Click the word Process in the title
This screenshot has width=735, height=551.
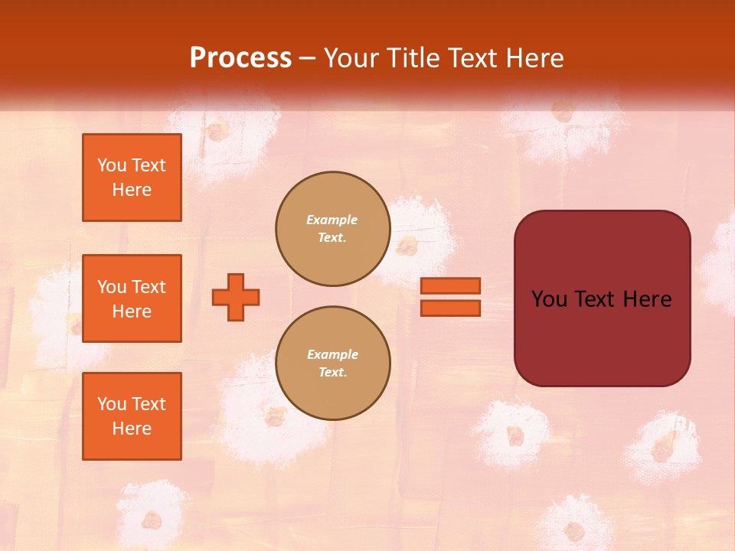coord(240,57)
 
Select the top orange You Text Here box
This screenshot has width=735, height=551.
coord(132,178)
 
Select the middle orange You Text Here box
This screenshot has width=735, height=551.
coord(132,298)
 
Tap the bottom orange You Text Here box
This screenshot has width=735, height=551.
coord(132,416)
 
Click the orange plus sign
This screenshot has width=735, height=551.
coord(236,297)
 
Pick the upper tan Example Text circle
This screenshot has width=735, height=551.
coord(332,229)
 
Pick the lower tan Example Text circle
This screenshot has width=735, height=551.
coord(332,364)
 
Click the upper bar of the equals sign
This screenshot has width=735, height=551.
coord(450,285)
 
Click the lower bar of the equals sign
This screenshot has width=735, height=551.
coord(450,308)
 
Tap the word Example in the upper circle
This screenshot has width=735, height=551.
coord(332,220)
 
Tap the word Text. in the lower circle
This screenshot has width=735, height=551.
coord(332,373)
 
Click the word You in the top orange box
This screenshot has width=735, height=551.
coord(112,165)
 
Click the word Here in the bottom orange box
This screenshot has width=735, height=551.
coord(132,429)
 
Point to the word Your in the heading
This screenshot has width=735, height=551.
coord(351,58)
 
